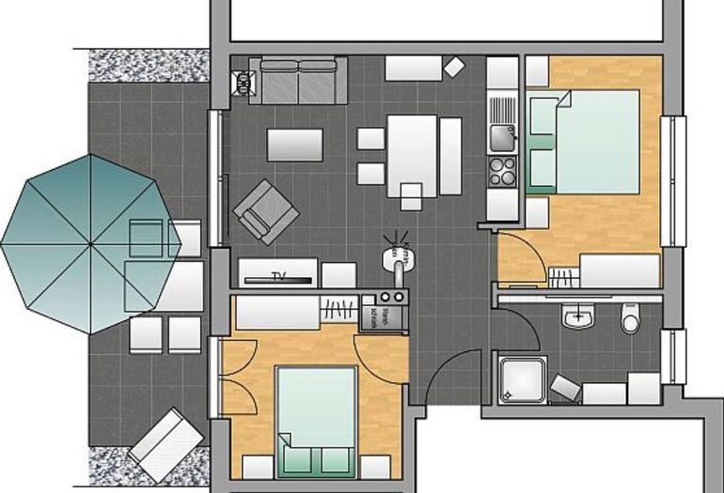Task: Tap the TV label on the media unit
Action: (277, 275)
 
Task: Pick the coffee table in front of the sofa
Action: (295, 145)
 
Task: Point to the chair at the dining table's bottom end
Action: (412, 196)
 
